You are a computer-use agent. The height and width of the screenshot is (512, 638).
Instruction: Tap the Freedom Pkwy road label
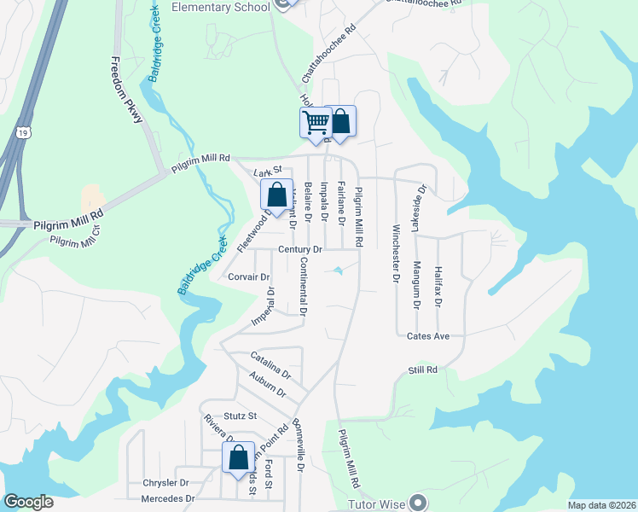point(126,90)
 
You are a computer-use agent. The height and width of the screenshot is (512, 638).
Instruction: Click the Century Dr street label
point(300,249)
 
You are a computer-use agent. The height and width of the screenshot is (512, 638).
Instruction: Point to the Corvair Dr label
point(249,277)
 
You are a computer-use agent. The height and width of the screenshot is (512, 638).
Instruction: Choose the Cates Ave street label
point(428,336)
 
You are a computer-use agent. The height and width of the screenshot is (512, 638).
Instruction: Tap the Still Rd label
point(422,369)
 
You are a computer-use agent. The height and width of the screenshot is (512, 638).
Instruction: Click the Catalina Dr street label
point(270,365)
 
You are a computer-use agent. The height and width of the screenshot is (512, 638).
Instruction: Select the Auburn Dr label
point(269,384)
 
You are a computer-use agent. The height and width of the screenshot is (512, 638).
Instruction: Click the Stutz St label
point(241,416)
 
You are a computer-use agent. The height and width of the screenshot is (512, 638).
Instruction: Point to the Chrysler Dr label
point(165,483)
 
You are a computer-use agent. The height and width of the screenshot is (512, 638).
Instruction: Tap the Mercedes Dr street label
point(168,498)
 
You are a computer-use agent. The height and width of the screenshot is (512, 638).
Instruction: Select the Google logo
point(29,501)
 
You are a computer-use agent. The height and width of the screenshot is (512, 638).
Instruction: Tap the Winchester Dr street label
point(396,253)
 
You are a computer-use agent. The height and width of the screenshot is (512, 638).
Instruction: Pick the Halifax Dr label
point(438,285)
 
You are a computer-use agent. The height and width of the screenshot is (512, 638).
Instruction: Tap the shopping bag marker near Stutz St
point(238,457)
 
